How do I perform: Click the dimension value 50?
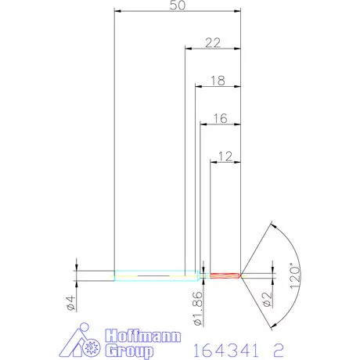177,5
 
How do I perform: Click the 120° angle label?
295,275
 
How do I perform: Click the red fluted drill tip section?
225,275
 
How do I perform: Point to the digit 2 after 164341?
275,343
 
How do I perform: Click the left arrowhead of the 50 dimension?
118,12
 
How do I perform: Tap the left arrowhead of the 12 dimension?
214,162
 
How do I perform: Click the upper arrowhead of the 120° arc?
271,226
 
